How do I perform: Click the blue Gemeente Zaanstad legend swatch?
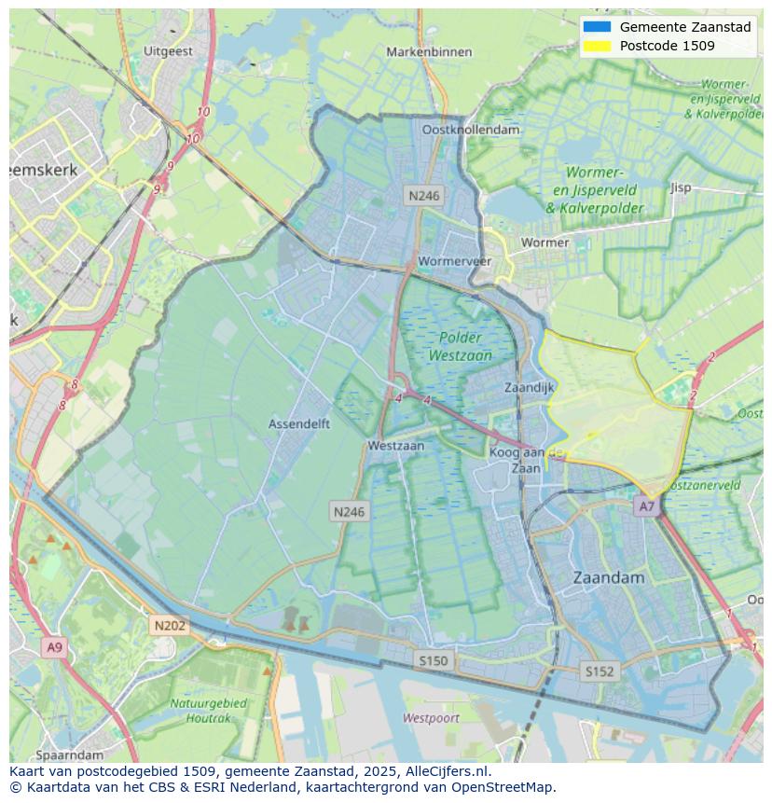tap(597, 27)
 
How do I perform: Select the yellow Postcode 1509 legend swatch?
tap(597, 46)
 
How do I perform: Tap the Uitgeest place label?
tap(169, 51)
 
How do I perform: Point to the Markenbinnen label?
tap(429, 52)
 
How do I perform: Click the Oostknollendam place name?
tap(471, 130)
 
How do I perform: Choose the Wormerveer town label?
tap(455, 261)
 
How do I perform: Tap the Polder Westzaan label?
tap(460, 346)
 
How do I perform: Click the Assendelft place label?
tap(299, 423)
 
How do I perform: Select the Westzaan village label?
tap(395, 446)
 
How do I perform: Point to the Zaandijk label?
tap(529, 387)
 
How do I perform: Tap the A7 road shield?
tap(645, 506)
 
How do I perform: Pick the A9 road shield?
tap(54, 646)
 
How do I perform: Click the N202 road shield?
tap(170, 626)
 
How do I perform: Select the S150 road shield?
tap(433, 660)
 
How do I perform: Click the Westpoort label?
tap(431, 718)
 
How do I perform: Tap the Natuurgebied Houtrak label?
tap(208, 710)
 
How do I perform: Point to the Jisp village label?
tap(681, 187)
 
